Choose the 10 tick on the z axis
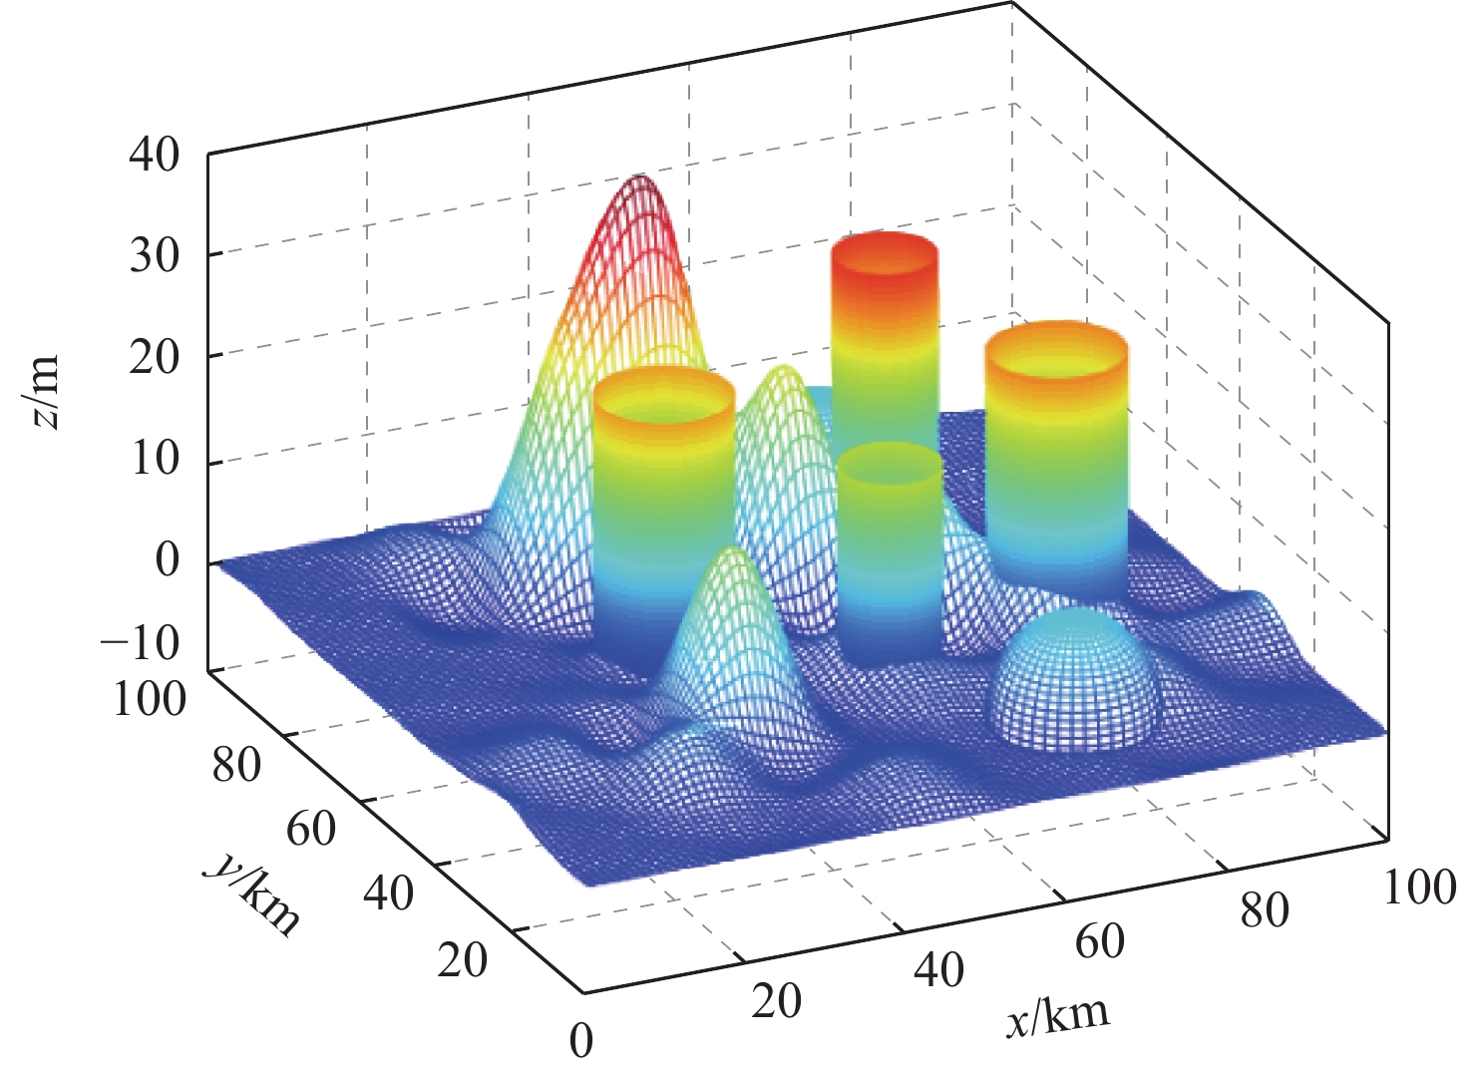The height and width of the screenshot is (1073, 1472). (x=154, y=460)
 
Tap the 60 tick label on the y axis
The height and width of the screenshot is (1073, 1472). (x=311, y=828)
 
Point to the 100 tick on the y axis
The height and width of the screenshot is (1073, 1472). (x=150, y=699)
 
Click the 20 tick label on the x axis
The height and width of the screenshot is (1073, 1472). (x=776, y=1001)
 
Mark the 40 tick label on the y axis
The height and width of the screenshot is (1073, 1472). (x=388, y=894)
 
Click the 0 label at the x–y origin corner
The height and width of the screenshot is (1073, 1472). (x=580, y=1040)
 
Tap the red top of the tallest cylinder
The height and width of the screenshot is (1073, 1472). (x=885, y=254)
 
